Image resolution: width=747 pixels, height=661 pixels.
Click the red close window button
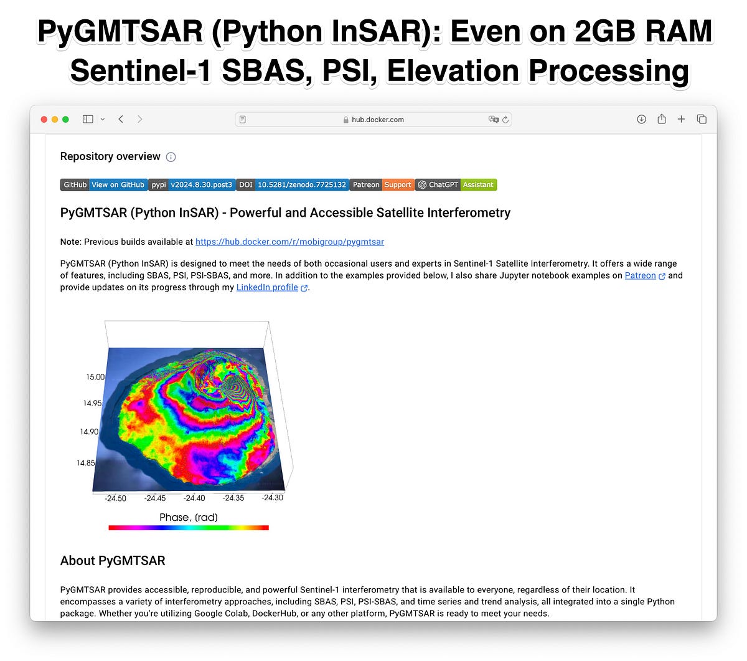tap(44, 119)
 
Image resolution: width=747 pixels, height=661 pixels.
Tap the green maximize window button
tap(66, 119)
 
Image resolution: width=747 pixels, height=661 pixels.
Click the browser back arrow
tap(121, 119)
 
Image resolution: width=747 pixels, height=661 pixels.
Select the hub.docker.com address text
tap(377, 120)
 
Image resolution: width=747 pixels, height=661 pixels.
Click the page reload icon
tap(505, 120)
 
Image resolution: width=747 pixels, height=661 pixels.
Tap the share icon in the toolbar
tap(661, 119)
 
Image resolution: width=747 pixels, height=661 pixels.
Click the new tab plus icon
tap(681, 119)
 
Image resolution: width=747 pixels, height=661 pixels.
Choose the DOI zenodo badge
tap(292, 184)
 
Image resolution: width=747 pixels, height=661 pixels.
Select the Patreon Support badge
tap(381, 184)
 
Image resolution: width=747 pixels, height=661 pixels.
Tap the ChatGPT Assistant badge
tap(456, 184)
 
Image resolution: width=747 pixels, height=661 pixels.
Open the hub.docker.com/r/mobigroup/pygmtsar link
tap(289, 242)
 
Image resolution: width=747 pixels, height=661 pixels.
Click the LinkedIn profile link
tap(267, 287)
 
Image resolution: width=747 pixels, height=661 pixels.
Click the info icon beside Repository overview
tap(171, 157)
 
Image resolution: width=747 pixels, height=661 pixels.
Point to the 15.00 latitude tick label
tap(95, 377)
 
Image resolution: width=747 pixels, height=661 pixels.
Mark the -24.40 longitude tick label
tap(194, 498)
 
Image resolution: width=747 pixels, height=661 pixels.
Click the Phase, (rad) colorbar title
tap(188, 517)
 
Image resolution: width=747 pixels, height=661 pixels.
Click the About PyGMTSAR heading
tap(113, 561)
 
